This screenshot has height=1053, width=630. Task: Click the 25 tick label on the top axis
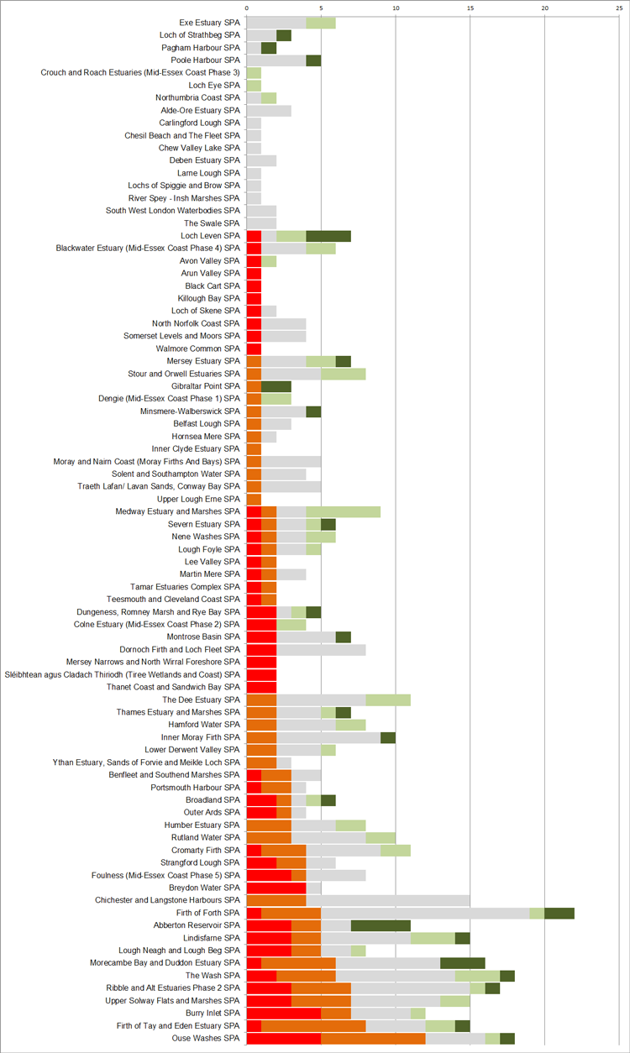pos(619,8)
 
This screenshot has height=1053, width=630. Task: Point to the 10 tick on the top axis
pos(396,8)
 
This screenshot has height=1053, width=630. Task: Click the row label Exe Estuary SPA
pos(209,23)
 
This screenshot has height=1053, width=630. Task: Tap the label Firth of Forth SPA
pos(207,913)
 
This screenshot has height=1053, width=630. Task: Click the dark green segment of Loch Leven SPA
pos(328,236)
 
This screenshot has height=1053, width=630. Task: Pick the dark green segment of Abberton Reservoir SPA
pos(381,925)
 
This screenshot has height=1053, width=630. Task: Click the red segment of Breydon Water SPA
pos(276,888)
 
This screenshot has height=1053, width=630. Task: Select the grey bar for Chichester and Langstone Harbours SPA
pos(388,900)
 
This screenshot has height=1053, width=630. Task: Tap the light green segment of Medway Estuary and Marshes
pos(344,511)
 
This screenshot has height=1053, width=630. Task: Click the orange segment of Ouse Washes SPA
pos(373,1039)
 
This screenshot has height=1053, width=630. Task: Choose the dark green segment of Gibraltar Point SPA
pos(276,386)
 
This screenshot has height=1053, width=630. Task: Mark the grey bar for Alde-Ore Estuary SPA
pos(269,110)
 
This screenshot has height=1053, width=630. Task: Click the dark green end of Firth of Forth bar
pos(559,913)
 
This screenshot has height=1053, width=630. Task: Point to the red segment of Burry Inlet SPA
pos(284,1014)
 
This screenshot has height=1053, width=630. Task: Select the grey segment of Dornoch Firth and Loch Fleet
pos(321,650)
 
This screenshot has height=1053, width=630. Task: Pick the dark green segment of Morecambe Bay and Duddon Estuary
pos(463,963)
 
